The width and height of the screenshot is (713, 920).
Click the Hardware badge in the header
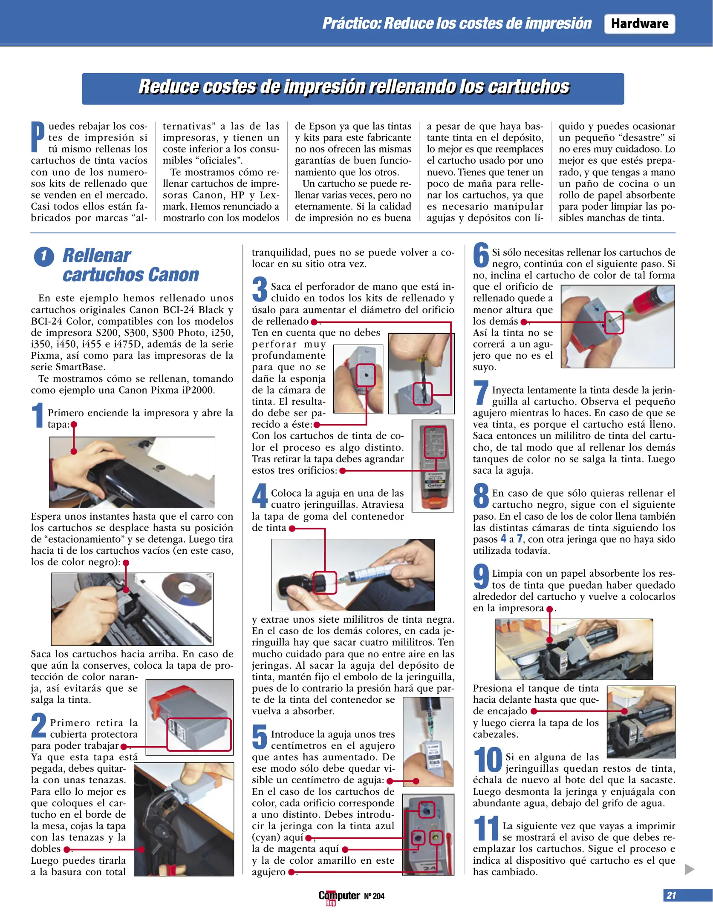point(639,23)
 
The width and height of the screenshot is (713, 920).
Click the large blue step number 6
point(481,255)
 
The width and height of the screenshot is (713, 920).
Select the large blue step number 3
point(260,289)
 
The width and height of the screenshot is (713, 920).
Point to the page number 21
point(671,895)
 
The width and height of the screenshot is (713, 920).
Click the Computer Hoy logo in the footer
point(339,897)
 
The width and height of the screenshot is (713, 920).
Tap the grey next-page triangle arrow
point(689,869)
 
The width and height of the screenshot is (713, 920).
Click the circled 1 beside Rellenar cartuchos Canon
point(44,256)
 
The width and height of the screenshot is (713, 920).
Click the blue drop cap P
point(38,137)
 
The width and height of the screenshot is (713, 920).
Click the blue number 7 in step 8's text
point(520,539)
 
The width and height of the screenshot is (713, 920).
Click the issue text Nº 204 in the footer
point(374,896)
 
